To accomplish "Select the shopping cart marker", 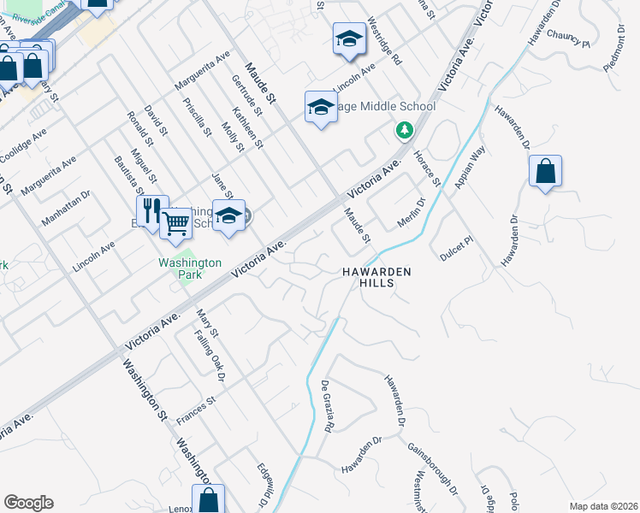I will (176, 224).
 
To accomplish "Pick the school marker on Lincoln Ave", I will (348, 39).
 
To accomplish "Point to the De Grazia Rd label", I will (328, 405).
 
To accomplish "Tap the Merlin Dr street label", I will (411, 214).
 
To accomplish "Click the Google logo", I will (28, 503).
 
